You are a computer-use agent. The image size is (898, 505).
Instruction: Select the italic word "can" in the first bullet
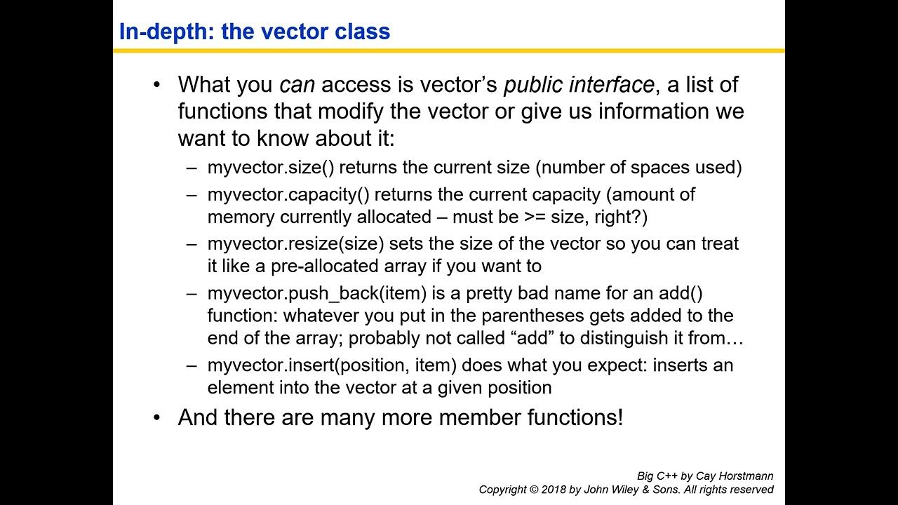[x=297, y=85]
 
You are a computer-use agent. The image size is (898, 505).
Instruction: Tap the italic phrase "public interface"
[x=579, y=85]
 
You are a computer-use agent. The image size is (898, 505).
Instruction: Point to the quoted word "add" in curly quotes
[x=532, y=338]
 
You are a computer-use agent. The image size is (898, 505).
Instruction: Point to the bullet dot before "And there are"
[x=156, y=418]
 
